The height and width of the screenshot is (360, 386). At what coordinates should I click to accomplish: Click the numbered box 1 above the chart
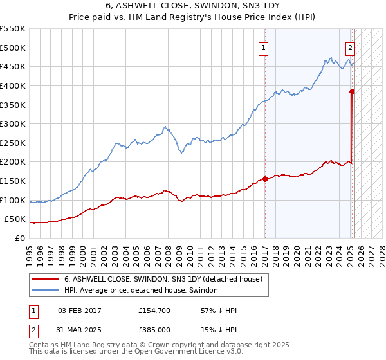point(264,47)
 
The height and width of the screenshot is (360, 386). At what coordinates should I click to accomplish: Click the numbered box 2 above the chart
point(350,47)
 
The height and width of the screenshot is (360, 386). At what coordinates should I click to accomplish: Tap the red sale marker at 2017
point(265,179)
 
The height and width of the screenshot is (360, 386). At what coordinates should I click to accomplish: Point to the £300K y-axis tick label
point(14,123)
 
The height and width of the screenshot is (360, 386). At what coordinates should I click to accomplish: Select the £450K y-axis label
point(14,66)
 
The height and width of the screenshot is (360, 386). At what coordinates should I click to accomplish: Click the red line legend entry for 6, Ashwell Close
point(163,280)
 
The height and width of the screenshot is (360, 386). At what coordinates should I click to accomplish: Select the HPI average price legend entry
point(141,291)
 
